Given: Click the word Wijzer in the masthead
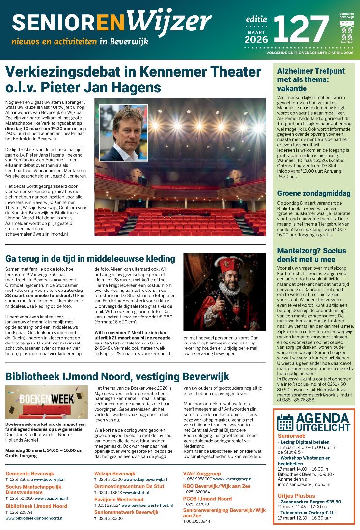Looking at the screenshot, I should pyautogui.click(x=170, y=22).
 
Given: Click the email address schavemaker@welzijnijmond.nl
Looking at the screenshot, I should pyautogui.click(x=37, y=235).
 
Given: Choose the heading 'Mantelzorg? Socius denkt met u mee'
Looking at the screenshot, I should pyautogui.click(x=307, y=254).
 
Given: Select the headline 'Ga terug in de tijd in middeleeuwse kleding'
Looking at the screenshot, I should pyautogui.click(x=90, y=259).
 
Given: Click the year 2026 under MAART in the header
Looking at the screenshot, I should pyautogui.click(x=256, y=40).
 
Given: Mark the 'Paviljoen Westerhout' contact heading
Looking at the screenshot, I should pyautogui.click(x=119, y=499).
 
